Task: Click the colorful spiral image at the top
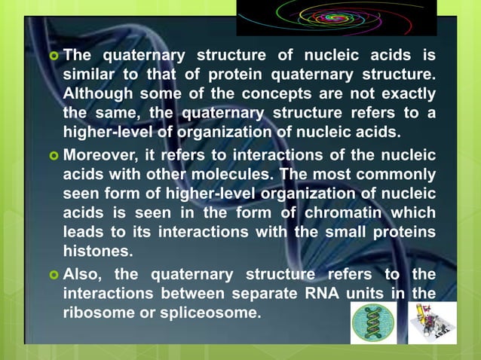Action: (336, 17)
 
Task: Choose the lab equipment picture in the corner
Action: (433, 322)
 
